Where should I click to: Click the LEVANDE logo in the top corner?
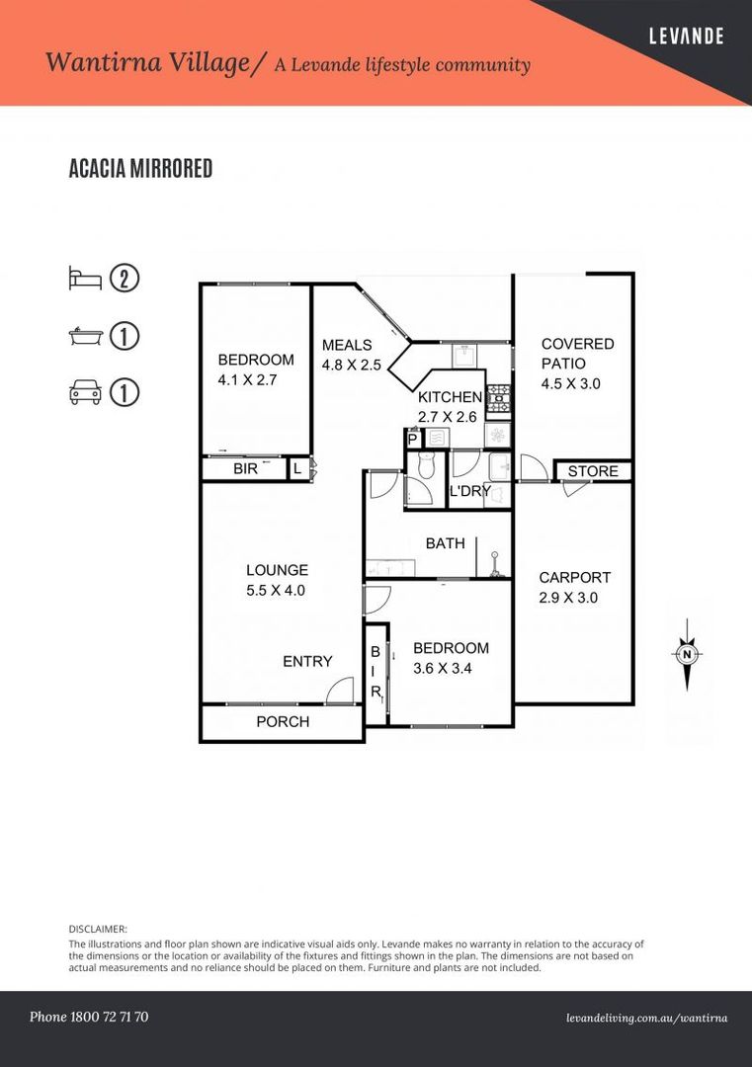click(x=685, y=37)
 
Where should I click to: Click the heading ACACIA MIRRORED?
click(x=140, y=169)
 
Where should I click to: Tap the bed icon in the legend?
click(x=84, y=278)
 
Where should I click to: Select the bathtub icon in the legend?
click(x=84, y=336)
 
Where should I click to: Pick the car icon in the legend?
click(x=84, y=392)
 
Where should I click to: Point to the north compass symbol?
click(x=686, y=654)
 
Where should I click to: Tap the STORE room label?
click(x=593, y=471)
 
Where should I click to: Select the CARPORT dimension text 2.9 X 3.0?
click(x=568, y=598)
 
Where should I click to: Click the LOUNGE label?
click(x=277, y=570)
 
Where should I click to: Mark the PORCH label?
click(x=283, y=722)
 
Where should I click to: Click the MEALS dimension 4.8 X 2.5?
click(x=351, y=365)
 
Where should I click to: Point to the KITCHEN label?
click(x=450, y=397)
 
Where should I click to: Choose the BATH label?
click(x=445, y=543)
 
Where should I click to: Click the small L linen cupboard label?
click(x=297, y=469)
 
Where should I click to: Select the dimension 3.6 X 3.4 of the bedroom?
click(x=451, y=669)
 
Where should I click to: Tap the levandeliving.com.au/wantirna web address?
click(x=647, y=1018)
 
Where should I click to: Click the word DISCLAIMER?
click(x=98, y=929)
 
